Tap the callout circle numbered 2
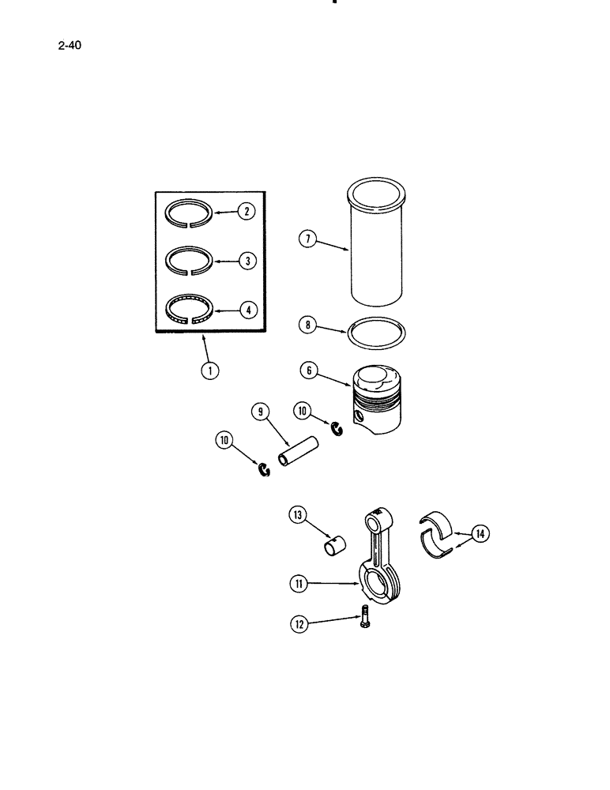tap(247, 211)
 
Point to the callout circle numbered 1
tap(210, 367)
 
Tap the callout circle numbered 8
tap(309, 325)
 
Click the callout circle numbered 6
tap(309, 369)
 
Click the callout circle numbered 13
tap(298, 517)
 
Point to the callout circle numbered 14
tap(480, 534)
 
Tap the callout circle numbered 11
tap(298, 584)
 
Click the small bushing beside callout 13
tap(337, 546)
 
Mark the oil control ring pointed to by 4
tap(190, 310)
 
